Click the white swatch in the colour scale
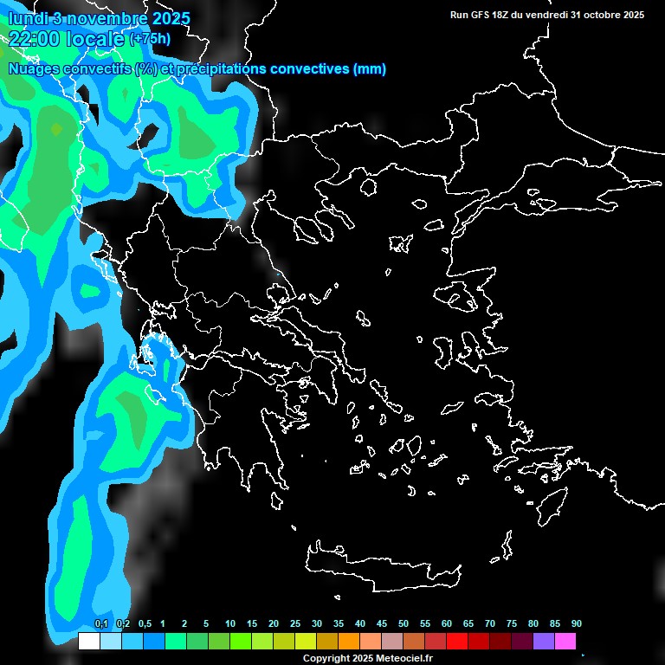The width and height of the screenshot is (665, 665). [89, 641]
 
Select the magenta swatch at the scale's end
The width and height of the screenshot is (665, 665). [565, 641]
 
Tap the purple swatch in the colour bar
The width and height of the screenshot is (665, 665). [544, 641]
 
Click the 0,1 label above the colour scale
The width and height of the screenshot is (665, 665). [101, 624]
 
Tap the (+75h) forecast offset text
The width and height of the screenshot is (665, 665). [150, 39]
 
